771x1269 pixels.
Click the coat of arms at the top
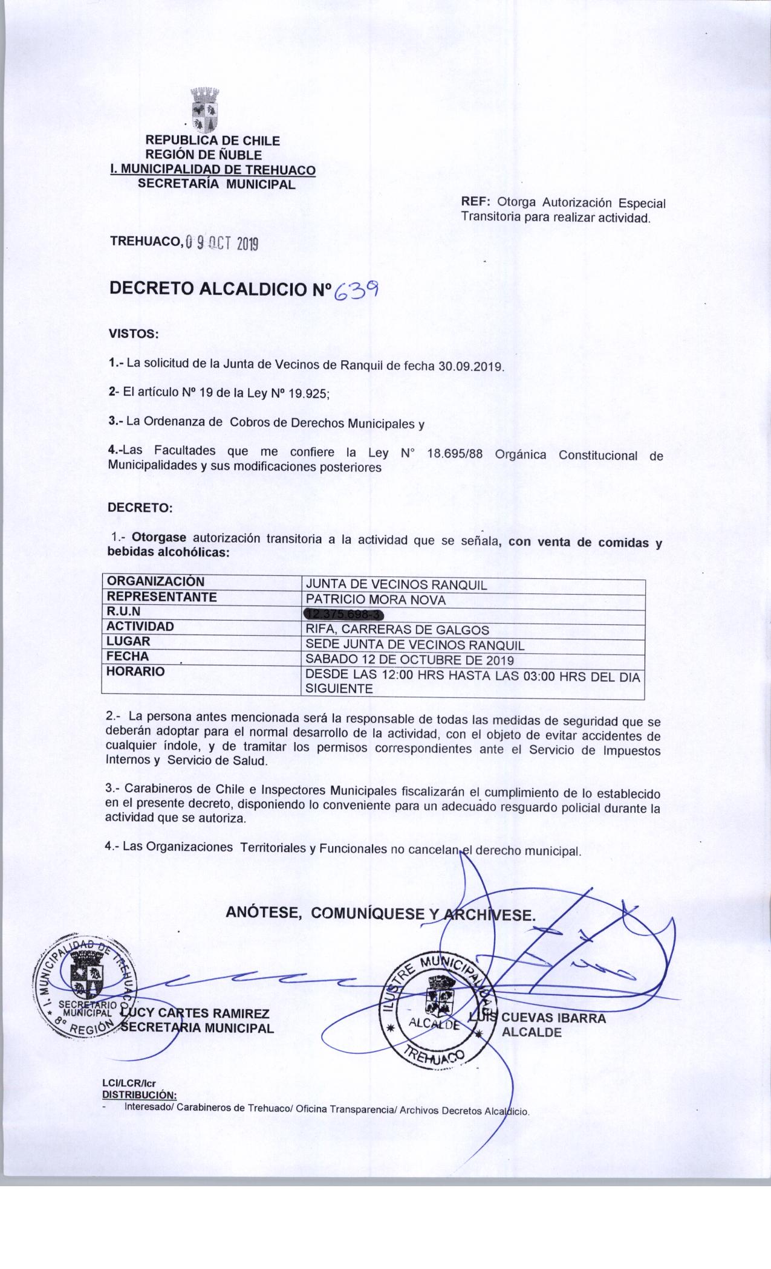pyautogui.click(x=204, y=111)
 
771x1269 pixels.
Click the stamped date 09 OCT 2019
pyautogui.click(x=221, y=244)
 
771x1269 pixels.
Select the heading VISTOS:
pyautogui.click(x=133, y=334)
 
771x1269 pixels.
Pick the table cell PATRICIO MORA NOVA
pyautogui.click(x=376, y=600)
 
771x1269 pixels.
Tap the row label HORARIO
pyautogui.click(x=135, y=671)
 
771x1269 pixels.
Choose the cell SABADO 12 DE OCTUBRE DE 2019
pyautogui.click(x=409, y=659)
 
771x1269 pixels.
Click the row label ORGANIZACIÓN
pyautogui.click(x=155, y=582)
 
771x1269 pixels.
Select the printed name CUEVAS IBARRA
pyautogui.click(x=553, y=1018)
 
